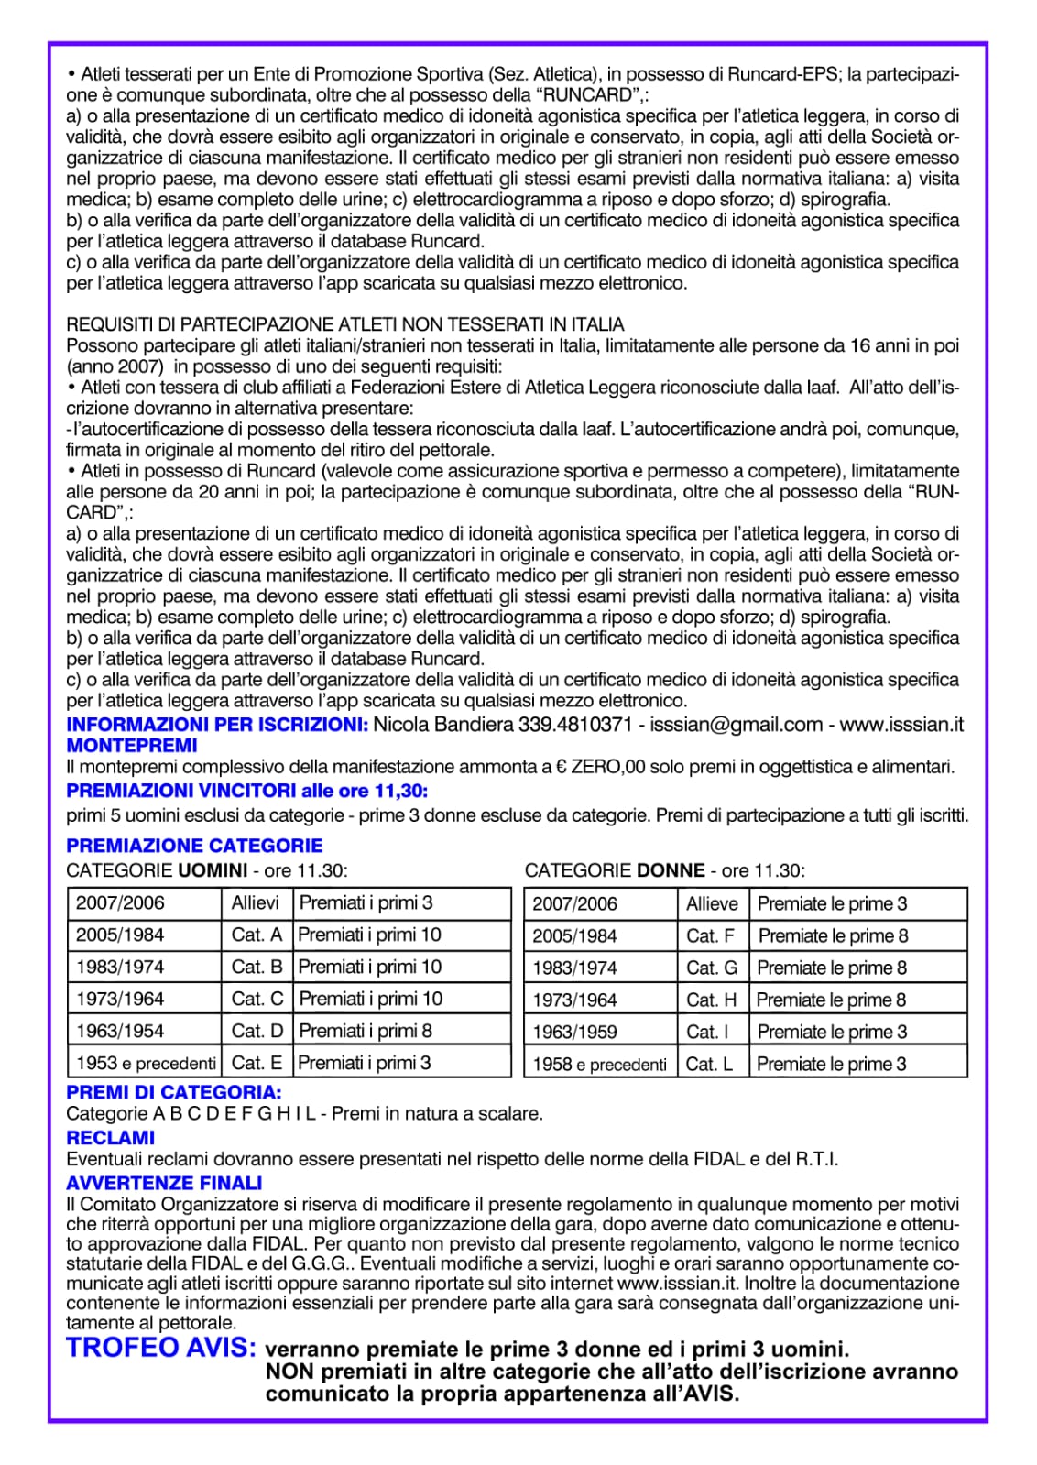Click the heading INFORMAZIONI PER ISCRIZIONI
[217, 725]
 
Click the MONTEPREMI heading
[132, 746]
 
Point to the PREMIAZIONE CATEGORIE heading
[194, 846]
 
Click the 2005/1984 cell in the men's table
[120, 935]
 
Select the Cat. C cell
[257, 999]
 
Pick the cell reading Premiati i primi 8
[366, 1031]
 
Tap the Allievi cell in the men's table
[256, 903]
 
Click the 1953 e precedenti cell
[146, 1063]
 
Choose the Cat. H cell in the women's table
[711, 1000]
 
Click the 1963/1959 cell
[574, 1032]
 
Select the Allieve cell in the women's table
[712, 904]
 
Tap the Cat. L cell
[709, 1064]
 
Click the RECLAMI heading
[111, 1138]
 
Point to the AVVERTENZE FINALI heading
[164, 1183]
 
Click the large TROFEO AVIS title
[161, 1348]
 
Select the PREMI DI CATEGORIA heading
[173, 1092]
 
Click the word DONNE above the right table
[671, 870]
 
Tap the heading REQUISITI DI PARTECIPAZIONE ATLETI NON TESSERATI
[344, 324]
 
